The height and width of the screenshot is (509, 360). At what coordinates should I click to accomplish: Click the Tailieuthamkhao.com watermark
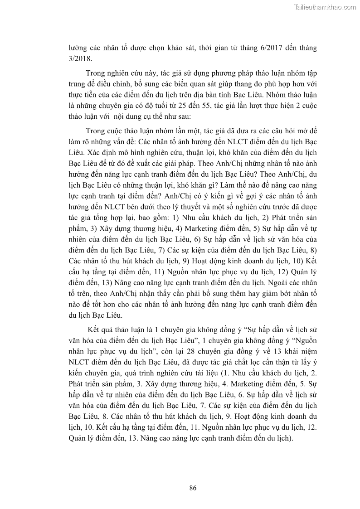326,7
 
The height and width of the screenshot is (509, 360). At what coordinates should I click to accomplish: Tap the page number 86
192,488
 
